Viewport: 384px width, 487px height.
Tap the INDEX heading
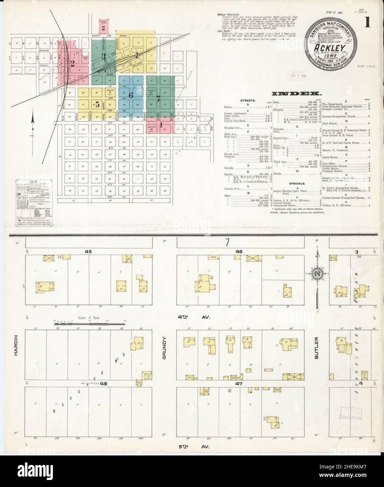tap(296, 94)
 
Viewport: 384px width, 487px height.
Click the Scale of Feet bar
tap(81, 324)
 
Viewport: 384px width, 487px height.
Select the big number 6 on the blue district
tap(131, 95)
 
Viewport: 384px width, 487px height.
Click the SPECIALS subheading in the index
tap(296, 183)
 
